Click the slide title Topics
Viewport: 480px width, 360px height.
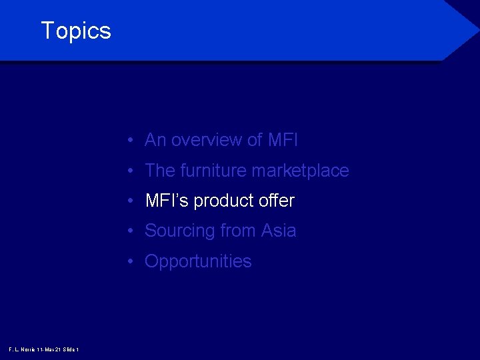76,31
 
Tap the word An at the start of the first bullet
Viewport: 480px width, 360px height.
155,140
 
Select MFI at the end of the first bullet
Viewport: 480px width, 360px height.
283,140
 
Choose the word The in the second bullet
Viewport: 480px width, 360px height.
160,171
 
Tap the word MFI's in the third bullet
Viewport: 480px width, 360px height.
164,201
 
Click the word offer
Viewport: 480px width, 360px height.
275,201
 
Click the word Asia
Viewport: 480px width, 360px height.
279,231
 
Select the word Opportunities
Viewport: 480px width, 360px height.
198,262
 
